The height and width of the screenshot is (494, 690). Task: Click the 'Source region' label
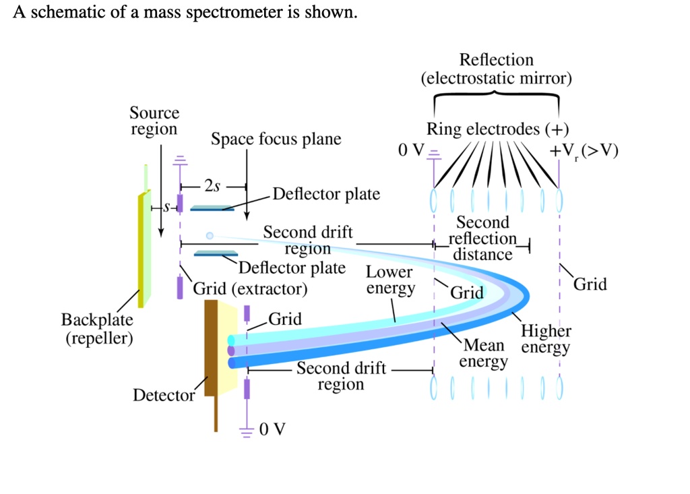154,121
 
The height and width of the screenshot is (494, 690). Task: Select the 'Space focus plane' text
276,140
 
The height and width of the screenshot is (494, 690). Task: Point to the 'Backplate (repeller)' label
98,328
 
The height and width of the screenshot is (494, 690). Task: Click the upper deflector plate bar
212,209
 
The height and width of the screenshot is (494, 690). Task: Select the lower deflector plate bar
216,253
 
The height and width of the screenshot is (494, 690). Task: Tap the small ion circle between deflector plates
210,235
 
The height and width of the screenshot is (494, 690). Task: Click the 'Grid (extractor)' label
250,289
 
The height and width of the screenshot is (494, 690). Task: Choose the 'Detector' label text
163,395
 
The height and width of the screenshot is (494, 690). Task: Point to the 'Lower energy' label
390,280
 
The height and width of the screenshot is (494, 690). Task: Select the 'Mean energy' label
484,354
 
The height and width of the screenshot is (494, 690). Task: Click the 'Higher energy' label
545,340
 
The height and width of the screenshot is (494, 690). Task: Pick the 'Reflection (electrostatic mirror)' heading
496,69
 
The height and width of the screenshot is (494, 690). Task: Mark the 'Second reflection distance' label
482,239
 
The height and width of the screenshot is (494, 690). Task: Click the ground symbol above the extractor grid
180,160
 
